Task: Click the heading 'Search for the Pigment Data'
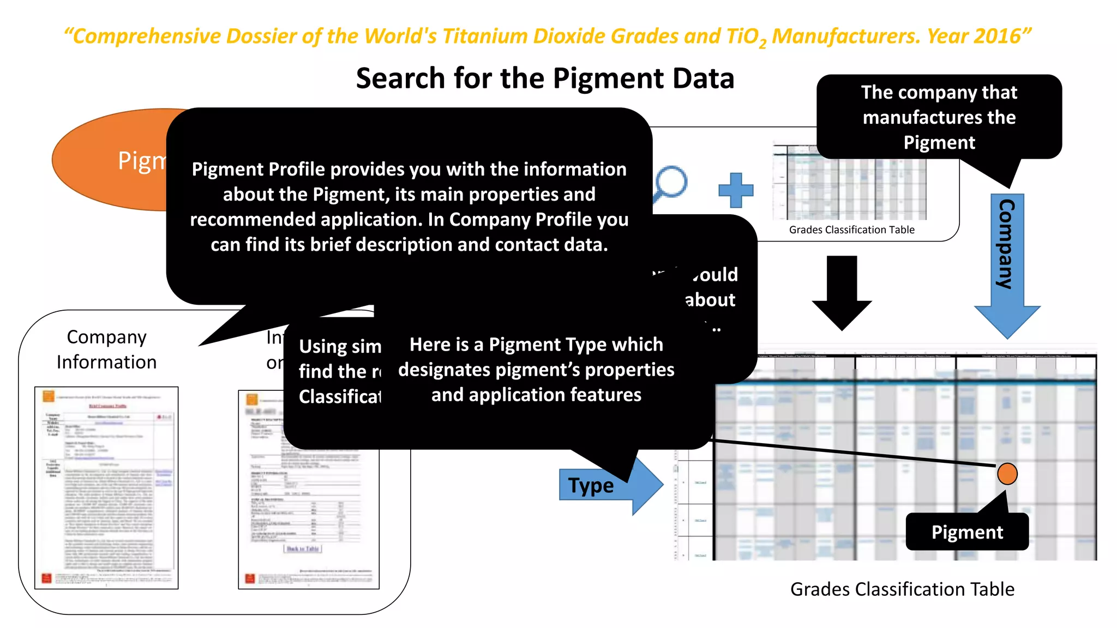[x=545, y=78]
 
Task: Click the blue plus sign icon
[x=736, y=190]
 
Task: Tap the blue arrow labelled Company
[x=1007, y=262]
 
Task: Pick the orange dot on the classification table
[x=1007, y=474]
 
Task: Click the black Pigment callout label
[x=966, y=532]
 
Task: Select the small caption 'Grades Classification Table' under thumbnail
[x=851, y=230]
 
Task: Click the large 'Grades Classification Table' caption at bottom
[x=902, y=589]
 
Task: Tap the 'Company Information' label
[x=107, y=349]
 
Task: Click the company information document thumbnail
[x=106, y=487]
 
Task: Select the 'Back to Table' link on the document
[x=303, y=548]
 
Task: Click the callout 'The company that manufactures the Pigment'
[x=939, y=117]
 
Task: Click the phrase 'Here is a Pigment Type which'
[x=536, y=345]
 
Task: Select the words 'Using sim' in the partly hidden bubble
[x=340, y=347]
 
